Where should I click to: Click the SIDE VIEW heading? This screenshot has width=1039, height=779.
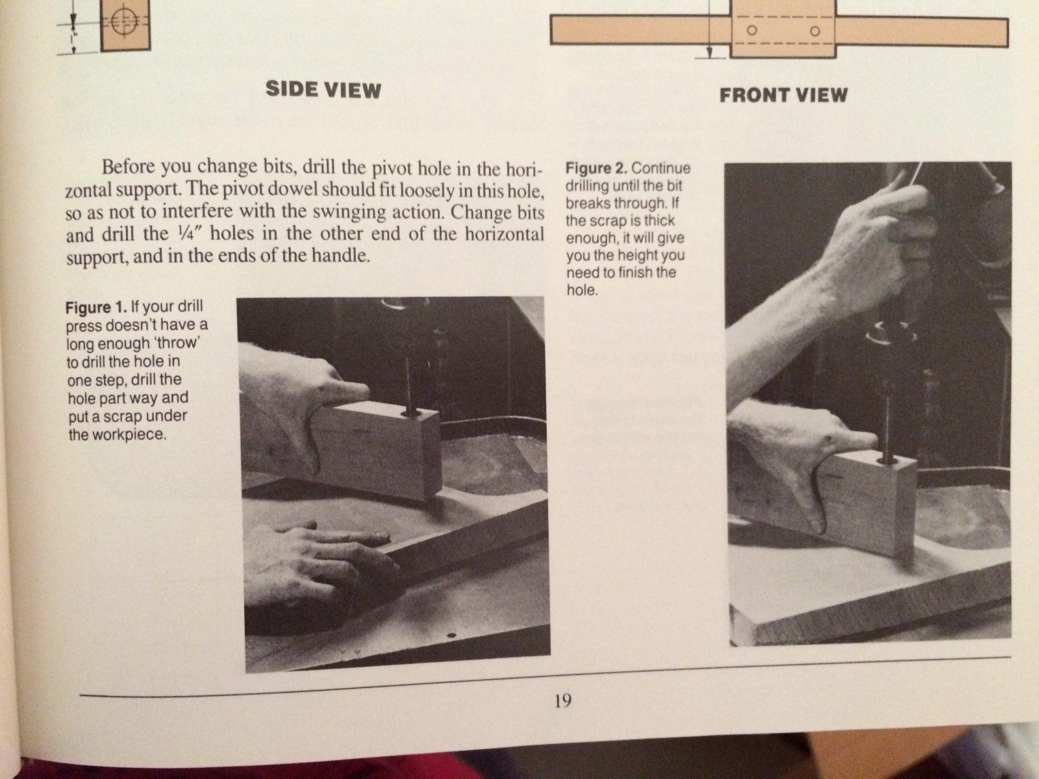[x=323, y=90]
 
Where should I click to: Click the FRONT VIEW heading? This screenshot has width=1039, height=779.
[x=783, y=95]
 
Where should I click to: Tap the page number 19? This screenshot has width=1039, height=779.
[x=563, y=700]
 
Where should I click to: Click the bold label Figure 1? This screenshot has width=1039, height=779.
[x=96, y=307]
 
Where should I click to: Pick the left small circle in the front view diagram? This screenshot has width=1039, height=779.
[x=752, y=31]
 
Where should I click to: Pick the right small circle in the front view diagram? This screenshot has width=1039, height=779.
[x=814, y=31]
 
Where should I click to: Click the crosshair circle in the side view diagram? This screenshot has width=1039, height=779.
[x=125, y=21]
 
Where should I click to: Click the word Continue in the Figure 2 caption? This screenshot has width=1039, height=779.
[x=661, y=168]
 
